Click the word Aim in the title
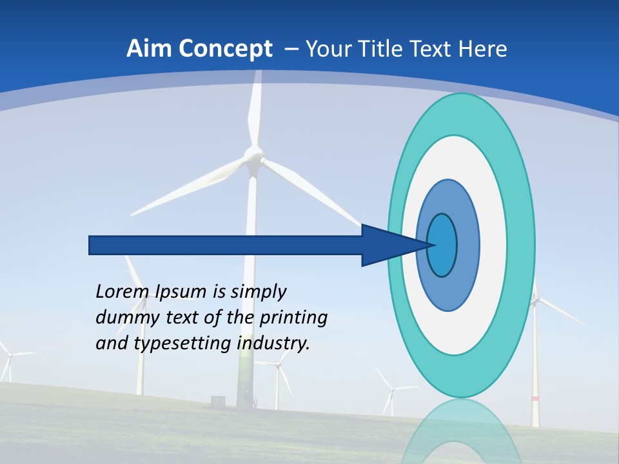(x=147, y=49)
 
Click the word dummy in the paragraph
(x=122, y=318)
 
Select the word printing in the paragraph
(x=293, y=318)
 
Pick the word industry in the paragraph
(x=273, y=343)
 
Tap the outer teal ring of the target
(x=521, y=245)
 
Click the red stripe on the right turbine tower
(x=535, y=399)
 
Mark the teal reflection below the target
(x=462, y=432)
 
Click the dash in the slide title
(x=291, y=49)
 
